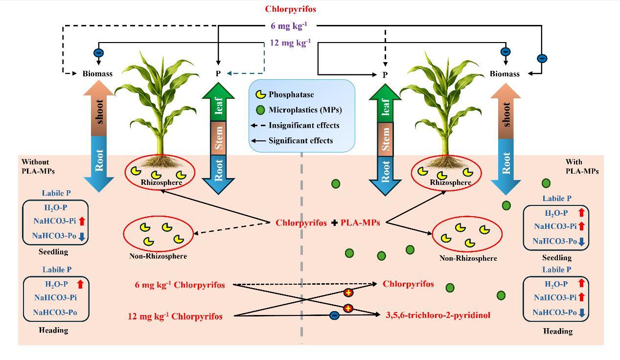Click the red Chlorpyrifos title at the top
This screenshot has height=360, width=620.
click(x=291, y=9)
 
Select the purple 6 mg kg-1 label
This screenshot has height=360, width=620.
click(x=289, y=26)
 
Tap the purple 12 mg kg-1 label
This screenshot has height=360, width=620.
click(x=290, y=43)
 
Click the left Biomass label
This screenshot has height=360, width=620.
click(x=97, y=74)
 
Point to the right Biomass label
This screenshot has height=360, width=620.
click(x=505, y=74)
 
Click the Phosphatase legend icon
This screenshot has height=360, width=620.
click(x=262, y=94)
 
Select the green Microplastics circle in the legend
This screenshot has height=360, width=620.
click(x=261, y=110)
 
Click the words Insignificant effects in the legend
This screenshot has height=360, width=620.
click(x=304, y=125)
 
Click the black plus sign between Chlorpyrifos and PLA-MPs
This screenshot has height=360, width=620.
click(x=334, y=223)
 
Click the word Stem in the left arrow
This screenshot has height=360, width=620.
click(x=218, y=138)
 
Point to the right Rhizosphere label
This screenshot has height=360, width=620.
click(x=450, y=182)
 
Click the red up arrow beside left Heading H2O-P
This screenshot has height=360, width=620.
click(x=80, y=284)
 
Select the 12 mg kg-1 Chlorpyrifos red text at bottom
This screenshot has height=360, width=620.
click(x=175, y=316)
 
